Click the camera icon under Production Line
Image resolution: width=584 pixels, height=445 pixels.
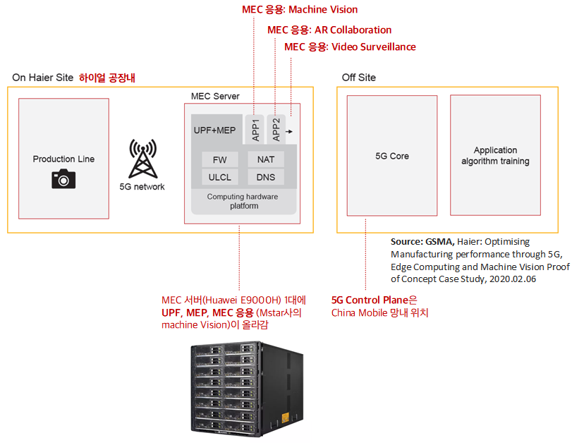point(63,178)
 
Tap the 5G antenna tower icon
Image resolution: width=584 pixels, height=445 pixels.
point(142,159)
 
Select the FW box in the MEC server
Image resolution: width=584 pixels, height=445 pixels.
point(220,160)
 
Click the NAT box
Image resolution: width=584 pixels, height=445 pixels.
point(266,159)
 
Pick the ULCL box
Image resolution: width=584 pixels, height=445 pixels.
point(220,177)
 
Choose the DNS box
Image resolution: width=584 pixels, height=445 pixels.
point(266,177)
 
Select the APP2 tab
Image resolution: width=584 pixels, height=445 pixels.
point(276,130)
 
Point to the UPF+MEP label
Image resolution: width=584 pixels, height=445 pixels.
point(214,130)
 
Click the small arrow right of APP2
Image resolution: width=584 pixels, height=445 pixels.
point(289,131)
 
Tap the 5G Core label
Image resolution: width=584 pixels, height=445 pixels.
point(392,156)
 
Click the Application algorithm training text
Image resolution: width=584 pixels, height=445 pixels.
point(495,156)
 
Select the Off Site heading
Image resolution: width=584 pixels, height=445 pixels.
point(359,78)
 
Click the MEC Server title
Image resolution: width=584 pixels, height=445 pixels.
point(215,96)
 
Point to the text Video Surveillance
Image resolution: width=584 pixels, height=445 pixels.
point(374,47)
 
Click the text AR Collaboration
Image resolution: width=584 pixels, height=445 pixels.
point(353,30)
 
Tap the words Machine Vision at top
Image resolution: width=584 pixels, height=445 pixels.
point(323,9)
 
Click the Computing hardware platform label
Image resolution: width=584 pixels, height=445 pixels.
point(243,201)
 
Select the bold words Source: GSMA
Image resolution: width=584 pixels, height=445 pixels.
point(422,242)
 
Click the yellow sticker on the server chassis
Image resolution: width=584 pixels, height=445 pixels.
point(286,417)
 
